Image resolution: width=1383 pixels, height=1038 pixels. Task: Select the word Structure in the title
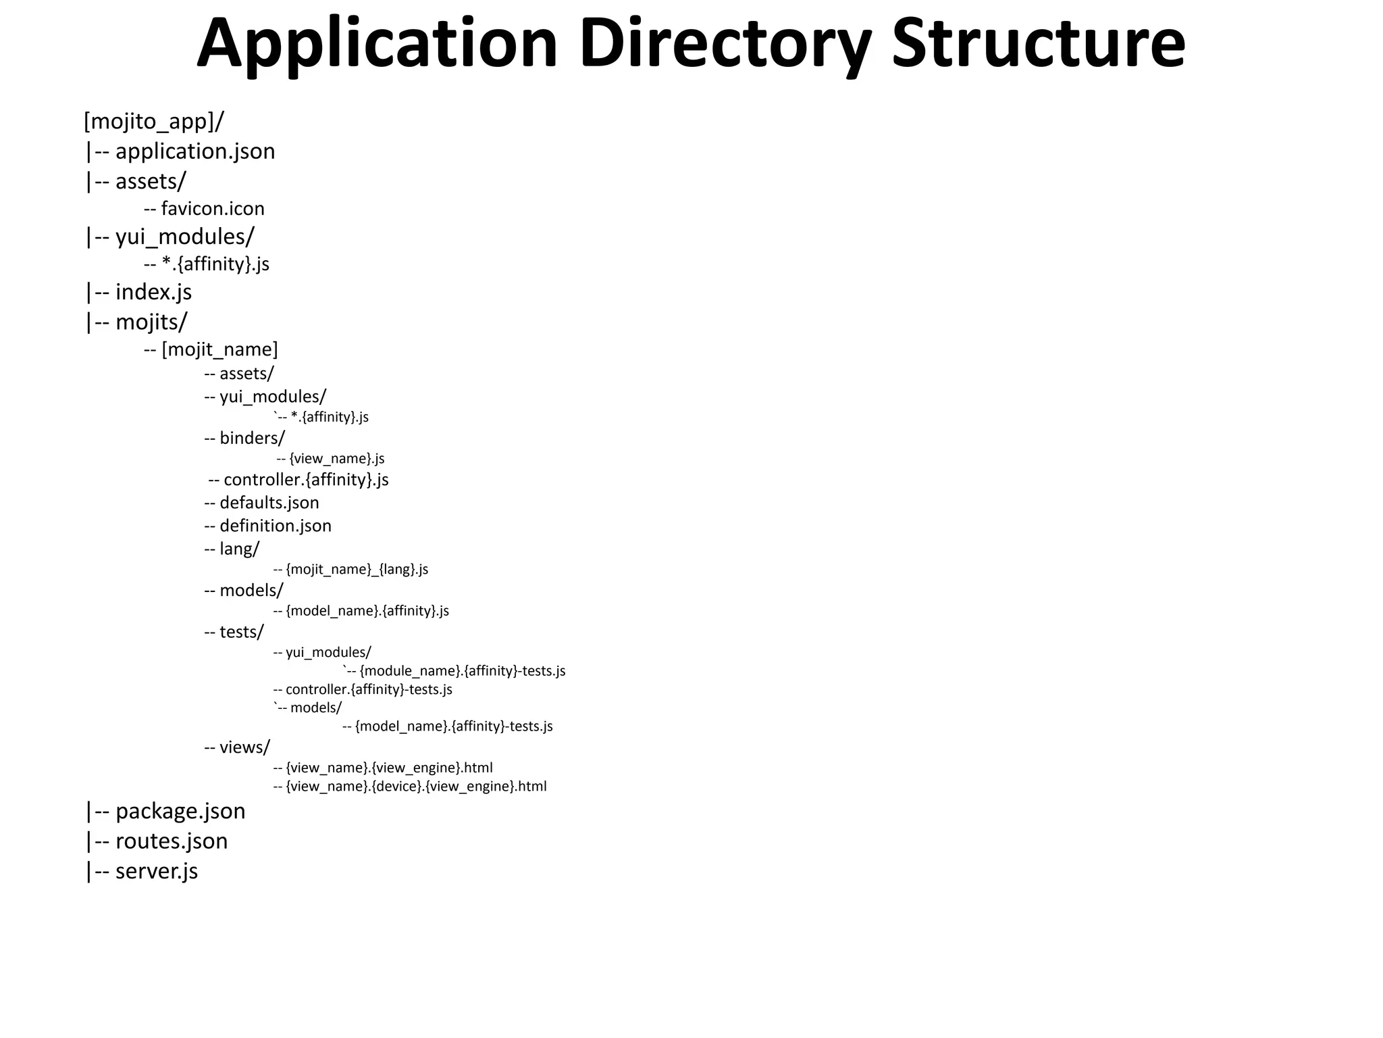(x=1038, y=43)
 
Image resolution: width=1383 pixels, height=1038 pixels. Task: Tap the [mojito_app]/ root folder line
(x=154, y=122)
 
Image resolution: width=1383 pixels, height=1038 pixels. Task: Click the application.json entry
(x=194, y=151)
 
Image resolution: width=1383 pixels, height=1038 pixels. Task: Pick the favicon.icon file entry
(x=212, y=209)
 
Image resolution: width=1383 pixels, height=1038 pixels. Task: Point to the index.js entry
(x=153, y=292)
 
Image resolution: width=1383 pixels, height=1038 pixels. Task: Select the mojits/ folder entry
(x=151, y=322)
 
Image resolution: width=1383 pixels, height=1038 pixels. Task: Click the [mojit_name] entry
(x=219, y=350)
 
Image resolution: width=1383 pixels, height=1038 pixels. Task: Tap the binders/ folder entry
(x=252, y=439)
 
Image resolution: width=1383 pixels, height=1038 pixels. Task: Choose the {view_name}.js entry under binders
(x=336, y=459)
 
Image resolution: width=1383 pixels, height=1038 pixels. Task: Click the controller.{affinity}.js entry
(x=305, y=480)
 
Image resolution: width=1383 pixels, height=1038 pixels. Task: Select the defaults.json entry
(x=269, y=503)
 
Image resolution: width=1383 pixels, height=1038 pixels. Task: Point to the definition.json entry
(x=275, y=526)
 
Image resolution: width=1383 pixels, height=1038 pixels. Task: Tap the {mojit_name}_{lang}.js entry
(x=357, y=570)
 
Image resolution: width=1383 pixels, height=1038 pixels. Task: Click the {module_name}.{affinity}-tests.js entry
(x=462, y=671)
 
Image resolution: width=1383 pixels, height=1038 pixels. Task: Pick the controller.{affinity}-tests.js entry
(x=369, y=690)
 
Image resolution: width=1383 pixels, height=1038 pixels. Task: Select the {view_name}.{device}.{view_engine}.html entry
(x=416, y=787)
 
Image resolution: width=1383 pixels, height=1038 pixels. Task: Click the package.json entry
(x=180, y=811)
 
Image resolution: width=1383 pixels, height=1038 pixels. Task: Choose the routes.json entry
(x=171, y=841)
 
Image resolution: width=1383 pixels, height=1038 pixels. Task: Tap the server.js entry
(x=156, y=871)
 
